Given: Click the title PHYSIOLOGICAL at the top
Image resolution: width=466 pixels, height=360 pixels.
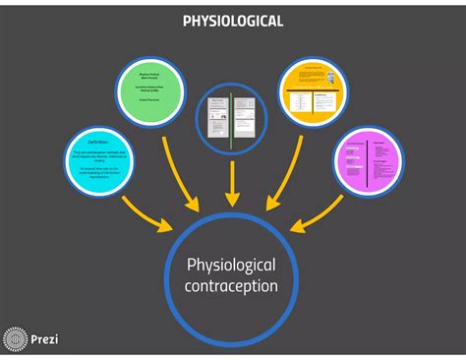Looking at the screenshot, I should point(233,21).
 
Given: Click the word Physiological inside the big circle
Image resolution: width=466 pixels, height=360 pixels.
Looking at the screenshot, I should point(232,266).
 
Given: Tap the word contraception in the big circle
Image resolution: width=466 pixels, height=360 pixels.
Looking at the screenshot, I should point(232,286).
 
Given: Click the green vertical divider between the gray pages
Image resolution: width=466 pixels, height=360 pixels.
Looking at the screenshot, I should point(230,119).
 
